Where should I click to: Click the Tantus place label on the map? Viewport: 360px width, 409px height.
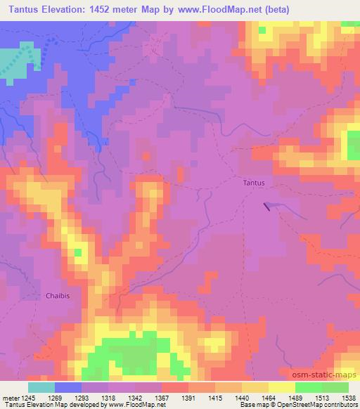tap(254, 183)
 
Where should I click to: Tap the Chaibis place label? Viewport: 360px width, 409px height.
tap(58, 295)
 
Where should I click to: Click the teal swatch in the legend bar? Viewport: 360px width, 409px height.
tap(41, 387)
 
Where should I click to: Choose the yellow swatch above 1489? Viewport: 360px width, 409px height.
tap(281, 387)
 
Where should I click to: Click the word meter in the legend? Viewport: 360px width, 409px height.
tap(8, 397)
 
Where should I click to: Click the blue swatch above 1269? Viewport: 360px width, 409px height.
tap(68, 387)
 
